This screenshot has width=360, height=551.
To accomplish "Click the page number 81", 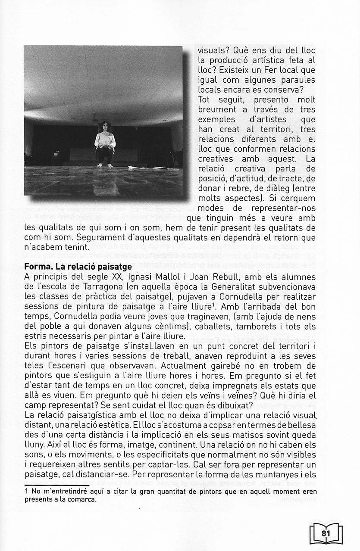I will tap(326, 533).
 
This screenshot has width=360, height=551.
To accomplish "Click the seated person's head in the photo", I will tap(105, 127).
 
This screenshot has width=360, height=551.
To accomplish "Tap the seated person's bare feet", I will tap(104, 165).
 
